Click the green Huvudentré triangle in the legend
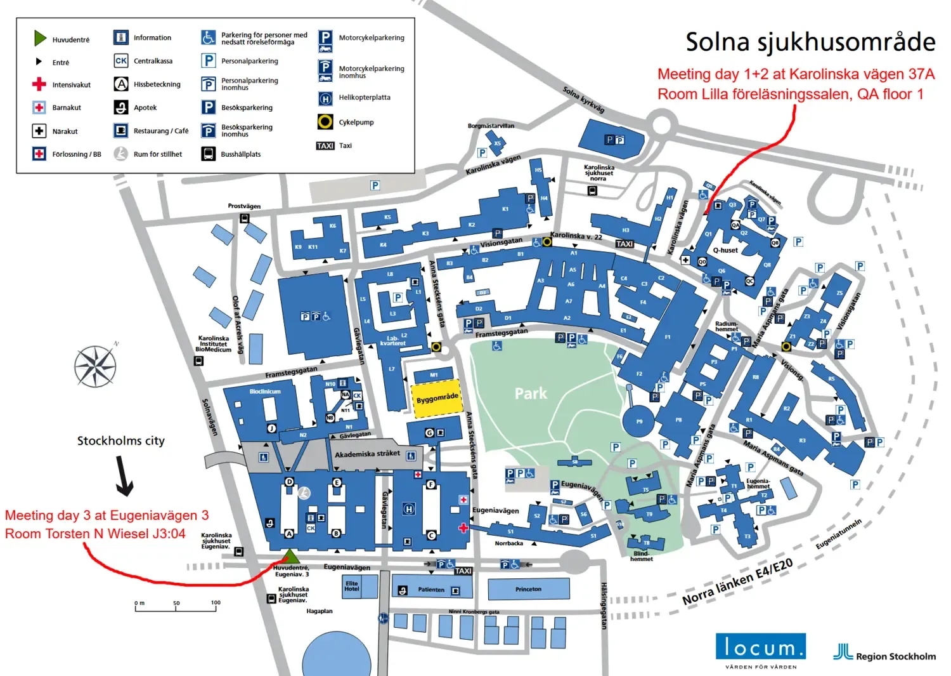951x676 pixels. [40, 39]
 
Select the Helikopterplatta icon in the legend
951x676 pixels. [325, 98]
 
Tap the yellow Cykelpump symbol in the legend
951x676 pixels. [325, 122]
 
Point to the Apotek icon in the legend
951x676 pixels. [121, 107]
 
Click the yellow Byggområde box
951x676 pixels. [436, 399]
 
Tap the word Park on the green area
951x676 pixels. [531, 394]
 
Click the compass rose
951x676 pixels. [95, 366]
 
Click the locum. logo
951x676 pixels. [760, 647]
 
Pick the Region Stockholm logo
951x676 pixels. [884, 654]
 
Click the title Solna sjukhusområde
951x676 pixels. [810, 42]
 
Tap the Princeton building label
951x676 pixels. [528, 589]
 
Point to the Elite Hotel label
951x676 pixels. [351, 586]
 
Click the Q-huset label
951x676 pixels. [725, 250]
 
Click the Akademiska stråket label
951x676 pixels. [367, 454]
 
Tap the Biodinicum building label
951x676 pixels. [265, 392]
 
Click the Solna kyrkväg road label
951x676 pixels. [583, 100]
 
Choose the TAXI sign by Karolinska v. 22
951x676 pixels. [624, 244]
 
